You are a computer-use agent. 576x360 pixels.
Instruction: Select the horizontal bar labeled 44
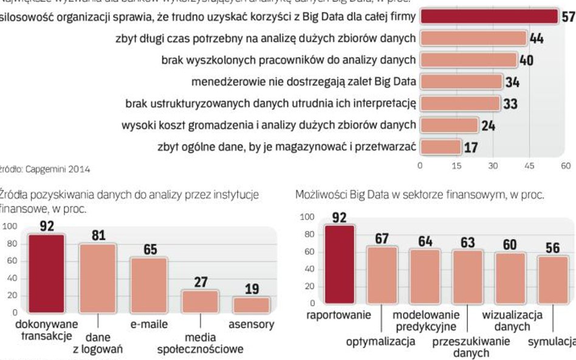(473, 38)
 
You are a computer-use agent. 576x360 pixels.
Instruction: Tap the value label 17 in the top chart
(470, 147)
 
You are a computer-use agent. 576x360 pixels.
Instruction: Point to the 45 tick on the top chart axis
(529, 165)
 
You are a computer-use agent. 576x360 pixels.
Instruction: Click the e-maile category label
(149, 325)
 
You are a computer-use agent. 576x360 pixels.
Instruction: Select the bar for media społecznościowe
(200, 301)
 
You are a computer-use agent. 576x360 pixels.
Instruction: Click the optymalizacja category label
(381, 341)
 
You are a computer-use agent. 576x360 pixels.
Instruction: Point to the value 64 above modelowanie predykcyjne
(425, 241)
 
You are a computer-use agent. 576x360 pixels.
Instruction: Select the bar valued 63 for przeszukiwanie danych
(467, 276)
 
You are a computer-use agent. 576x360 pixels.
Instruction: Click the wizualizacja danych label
(512, 321)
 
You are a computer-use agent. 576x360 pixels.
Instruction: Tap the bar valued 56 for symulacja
(553, 279)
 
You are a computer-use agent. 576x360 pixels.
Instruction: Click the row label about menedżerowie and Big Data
(303, 81)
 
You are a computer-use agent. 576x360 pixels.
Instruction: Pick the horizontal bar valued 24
(449, 125)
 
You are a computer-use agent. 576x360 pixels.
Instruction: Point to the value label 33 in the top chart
(510, 104)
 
